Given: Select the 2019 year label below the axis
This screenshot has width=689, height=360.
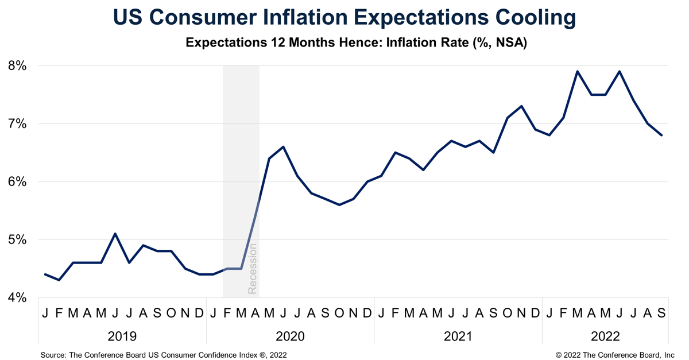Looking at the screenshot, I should tap(122, 336).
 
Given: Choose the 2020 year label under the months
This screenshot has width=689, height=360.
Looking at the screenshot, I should tap(290, 336).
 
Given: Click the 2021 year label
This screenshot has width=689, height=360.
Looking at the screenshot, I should tap(458, 336).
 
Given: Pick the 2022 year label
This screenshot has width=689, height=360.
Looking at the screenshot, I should tap(605, 336).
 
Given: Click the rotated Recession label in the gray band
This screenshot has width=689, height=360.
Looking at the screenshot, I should tap(252, 269).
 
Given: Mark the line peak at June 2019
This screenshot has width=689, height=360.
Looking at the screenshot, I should tap(115, 234).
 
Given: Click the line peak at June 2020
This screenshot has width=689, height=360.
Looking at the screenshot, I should tap(283, 146).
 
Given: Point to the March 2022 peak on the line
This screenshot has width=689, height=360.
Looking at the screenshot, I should tap(577, 71).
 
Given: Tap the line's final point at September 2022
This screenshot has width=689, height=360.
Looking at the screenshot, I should tap(661, 136).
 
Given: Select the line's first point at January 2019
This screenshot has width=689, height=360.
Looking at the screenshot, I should tap(45, 274).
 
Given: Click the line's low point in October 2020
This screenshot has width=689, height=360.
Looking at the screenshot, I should tap(339, 204).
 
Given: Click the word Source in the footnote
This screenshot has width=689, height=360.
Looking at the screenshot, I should tap(53, 355).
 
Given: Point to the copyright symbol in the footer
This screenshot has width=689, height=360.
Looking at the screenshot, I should tap(559, 355).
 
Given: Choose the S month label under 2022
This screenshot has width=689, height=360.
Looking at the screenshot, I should tap(661, 313).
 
